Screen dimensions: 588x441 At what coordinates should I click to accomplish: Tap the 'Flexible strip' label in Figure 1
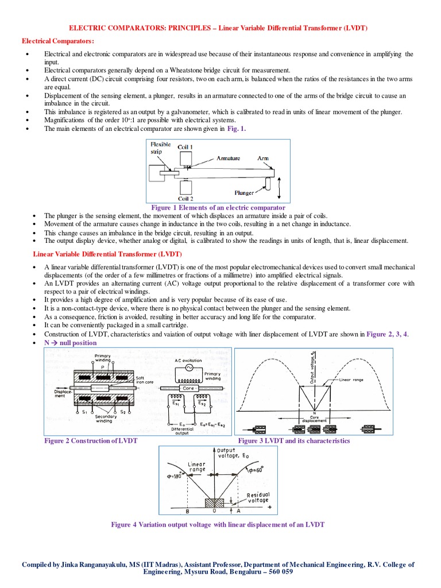160,148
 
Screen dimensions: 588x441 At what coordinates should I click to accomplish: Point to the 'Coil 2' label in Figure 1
185,199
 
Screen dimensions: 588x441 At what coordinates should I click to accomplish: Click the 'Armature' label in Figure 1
228,157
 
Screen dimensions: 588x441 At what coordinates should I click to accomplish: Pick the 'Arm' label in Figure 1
262,157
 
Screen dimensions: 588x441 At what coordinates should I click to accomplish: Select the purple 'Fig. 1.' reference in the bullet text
236,129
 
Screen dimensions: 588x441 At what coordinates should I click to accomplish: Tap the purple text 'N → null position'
71,343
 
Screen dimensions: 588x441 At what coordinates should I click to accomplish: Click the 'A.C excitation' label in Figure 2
188,361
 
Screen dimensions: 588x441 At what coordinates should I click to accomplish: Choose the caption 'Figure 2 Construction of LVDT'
91,440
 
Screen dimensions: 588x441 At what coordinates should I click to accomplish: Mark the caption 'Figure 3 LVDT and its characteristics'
293,440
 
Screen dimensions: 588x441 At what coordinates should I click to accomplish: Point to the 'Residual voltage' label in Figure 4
258,497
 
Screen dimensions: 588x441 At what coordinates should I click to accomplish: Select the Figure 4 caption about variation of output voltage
218,524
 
